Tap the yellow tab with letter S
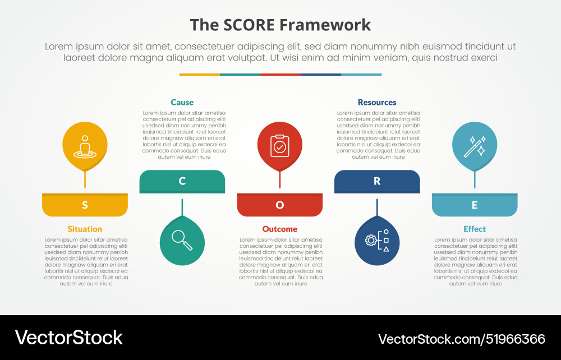point(85,205)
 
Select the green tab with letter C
point(182,181)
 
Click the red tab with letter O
point(279,205)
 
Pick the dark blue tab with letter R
point(377,181)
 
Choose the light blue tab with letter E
point(475,205)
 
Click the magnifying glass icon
point(182,241)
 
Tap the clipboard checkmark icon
point(279,146)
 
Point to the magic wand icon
point(475,146)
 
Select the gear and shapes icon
point(377,241)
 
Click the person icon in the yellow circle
point(85,146)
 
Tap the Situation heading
point(85,229)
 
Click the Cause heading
point(182,102)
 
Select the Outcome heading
point(279,229)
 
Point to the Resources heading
point(377,102)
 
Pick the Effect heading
point(475,229)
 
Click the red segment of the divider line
point(280,74)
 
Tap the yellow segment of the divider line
point(199,74)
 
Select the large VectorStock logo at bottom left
point(68,338)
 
